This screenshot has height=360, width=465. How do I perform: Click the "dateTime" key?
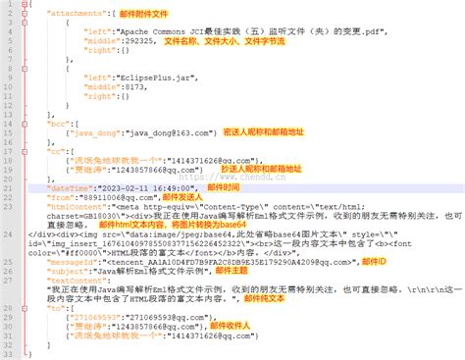pyautogui.click(x=72, y=187)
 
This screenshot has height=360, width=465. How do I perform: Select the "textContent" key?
pyautogui.click(x=78, y=308)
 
